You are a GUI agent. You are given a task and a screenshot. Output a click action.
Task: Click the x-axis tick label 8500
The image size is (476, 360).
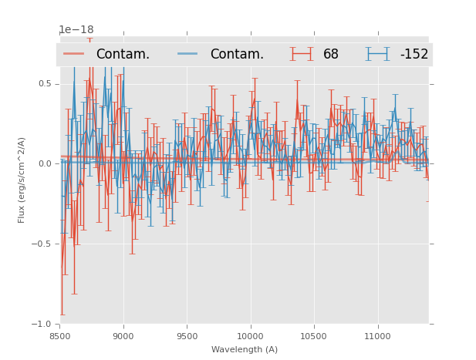[59, 336]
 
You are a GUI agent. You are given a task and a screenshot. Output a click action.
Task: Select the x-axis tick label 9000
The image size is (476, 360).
[123, 336]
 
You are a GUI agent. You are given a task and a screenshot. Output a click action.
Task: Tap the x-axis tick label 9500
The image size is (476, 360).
[187, 336]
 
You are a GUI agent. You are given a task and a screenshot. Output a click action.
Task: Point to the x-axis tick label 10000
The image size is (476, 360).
[250, 336]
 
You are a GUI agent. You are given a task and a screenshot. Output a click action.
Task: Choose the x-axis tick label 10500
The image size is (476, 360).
[314, 336]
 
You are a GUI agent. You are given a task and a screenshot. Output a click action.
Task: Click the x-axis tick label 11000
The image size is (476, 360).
[377, 336]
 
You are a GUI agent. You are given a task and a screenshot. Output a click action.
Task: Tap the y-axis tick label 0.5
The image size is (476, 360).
[46, 84]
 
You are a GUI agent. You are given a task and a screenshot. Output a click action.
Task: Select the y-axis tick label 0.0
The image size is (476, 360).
[46, 163]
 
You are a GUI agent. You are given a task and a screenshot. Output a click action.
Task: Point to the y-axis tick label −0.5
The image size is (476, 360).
[43, 244]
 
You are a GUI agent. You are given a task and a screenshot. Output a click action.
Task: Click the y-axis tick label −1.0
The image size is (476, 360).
[43, 324]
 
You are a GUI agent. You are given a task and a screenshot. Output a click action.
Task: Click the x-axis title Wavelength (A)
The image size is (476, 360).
[244, 349]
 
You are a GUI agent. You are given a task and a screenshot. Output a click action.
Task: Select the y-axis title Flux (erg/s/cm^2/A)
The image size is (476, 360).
[22, 180]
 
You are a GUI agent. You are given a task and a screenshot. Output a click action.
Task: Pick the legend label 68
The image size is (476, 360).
[331, 54]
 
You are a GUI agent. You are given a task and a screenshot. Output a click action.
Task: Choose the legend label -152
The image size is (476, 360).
[414, 54]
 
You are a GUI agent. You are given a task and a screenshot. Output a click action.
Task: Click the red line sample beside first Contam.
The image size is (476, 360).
[75, 54]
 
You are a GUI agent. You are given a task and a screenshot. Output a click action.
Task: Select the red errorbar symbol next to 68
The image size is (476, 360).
[302, 54]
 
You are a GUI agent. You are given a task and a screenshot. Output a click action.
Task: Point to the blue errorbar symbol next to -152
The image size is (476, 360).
[378, 54]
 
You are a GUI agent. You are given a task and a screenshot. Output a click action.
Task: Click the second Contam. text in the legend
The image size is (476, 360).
[237, 54]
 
